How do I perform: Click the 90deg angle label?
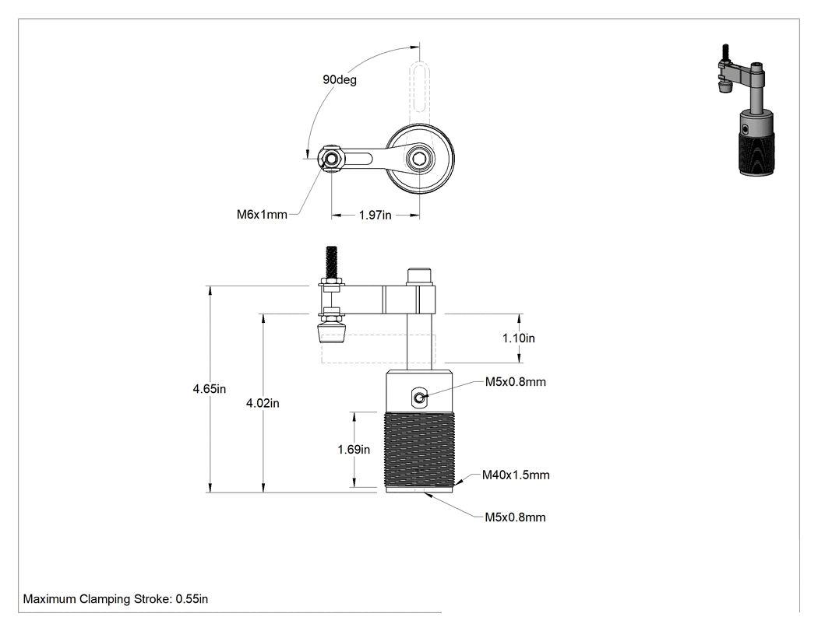coord(340,79)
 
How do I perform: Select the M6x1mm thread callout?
coord(262,215)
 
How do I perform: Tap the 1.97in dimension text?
coord(375,216)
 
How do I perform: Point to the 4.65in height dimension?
coord(210,389)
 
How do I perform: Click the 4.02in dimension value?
coord(263,403)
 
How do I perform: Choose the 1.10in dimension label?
coord(519,338)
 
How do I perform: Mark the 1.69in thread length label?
coord(354,449)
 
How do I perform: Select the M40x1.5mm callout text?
coord(516,475)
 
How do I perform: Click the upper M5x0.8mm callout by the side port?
coord(516,382)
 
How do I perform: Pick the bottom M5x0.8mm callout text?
coord(516,517)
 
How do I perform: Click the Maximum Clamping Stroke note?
coord(115,599)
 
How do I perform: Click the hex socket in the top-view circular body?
coord(419,159)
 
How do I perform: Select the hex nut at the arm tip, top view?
coord(331,158)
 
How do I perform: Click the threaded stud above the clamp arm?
coord(331,263)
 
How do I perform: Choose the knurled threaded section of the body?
coord(419,449)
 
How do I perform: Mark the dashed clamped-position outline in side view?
coord(378,349)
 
